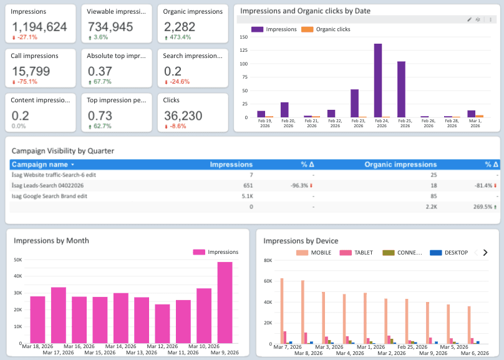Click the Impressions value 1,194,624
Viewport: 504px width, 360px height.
coord(39,27)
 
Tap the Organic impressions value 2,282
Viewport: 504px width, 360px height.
coord(180,27)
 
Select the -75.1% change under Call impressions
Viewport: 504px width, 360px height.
coord(24,82)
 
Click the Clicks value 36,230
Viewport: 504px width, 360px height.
coord(183,115)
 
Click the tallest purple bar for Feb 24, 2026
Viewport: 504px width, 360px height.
coord(378,80)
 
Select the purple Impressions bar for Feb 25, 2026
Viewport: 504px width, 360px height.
coord(401,89)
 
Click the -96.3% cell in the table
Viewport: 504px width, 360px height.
coord(302,185)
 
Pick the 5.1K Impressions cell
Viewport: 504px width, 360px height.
coord(246,196)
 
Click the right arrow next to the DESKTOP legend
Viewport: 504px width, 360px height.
coord(485,253)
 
